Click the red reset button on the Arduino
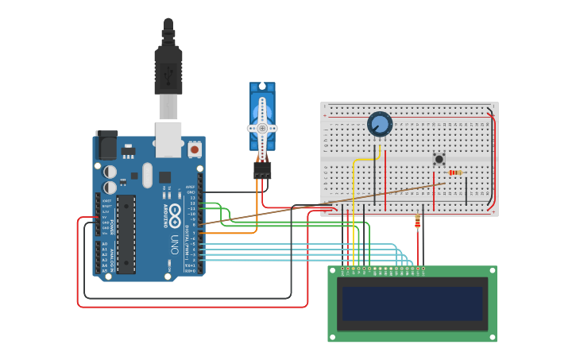(195, 148)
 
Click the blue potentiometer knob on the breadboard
(380, 124)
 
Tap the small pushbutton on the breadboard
(439, 159)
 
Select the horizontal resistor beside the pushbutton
(455, 172)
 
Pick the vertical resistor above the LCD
(418, 223)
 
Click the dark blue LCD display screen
(412, 303)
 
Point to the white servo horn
(262, 129)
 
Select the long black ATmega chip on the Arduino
(126, 234)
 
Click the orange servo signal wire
(238, 233)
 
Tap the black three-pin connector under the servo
(262, 169)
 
